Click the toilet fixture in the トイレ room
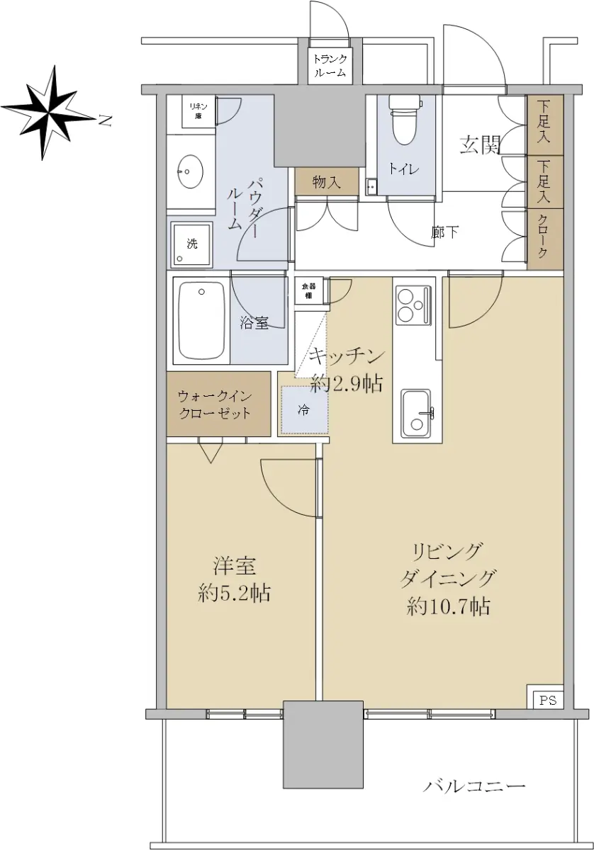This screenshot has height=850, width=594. (405, 120)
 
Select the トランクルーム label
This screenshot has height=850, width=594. (330, 66)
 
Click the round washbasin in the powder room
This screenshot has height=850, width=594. (190, 171)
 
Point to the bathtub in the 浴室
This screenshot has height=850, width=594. (202, 319)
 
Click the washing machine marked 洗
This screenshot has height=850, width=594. (192, 244)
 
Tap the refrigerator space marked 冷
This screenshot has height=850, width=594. (304, 410)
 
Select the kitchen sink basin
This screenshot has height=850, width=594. (417, 414)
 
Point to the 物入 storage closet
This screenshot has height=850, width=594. (327, 183)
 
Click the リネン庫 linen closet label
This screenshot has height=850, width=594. (198, 111)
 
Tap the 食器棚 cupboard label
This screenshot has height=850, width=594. (308, 291)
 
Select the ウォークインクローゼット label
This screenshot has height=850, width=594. (215, 404)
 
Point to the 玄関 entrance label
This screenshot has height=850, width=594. (479, 145)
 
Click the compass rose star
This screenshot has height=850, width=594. (50, 113)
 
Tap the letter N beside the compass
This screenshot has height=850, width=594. (105, 120)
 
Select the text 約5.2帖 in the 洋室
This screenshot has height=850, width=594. (234, 593)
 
